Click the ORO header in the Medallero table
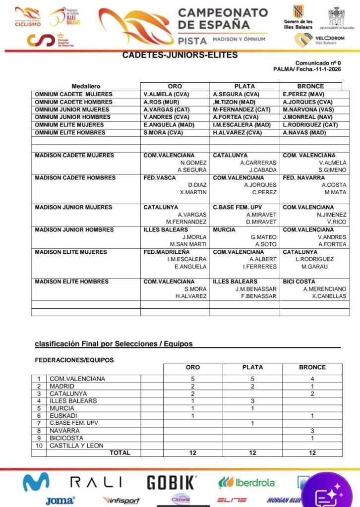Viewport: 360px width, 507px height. coord(175,86)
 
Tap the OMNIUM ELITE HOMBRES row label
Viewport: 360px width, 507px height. coord(69,133)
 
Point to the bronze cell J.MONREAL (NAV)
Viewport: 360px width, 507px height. coord(306,117)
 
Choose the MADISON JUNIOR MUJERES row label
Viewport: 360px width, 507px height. coord(73,207)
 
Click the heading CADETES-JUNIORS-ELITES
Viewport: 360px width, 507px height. coord(180,56)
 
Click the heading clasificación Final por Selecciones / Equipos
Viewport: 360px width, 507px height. coord(114,343)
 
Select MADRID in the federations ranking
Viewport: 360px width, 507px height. coord(62,386)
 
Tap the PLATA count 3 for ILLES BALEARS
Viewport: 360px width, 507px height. coord(252,401)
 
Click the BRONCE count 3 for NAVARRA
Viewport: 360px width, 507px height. coord(312,431)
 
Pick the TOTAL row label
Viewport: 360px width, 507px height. coord(120,452)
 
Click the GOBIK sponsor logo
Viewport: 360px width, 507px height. coord(171,482)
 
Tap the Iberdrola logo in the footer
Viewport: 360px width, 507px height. coord(246,482)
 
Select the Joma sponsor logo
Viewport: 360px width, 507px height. coord(60,501)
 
